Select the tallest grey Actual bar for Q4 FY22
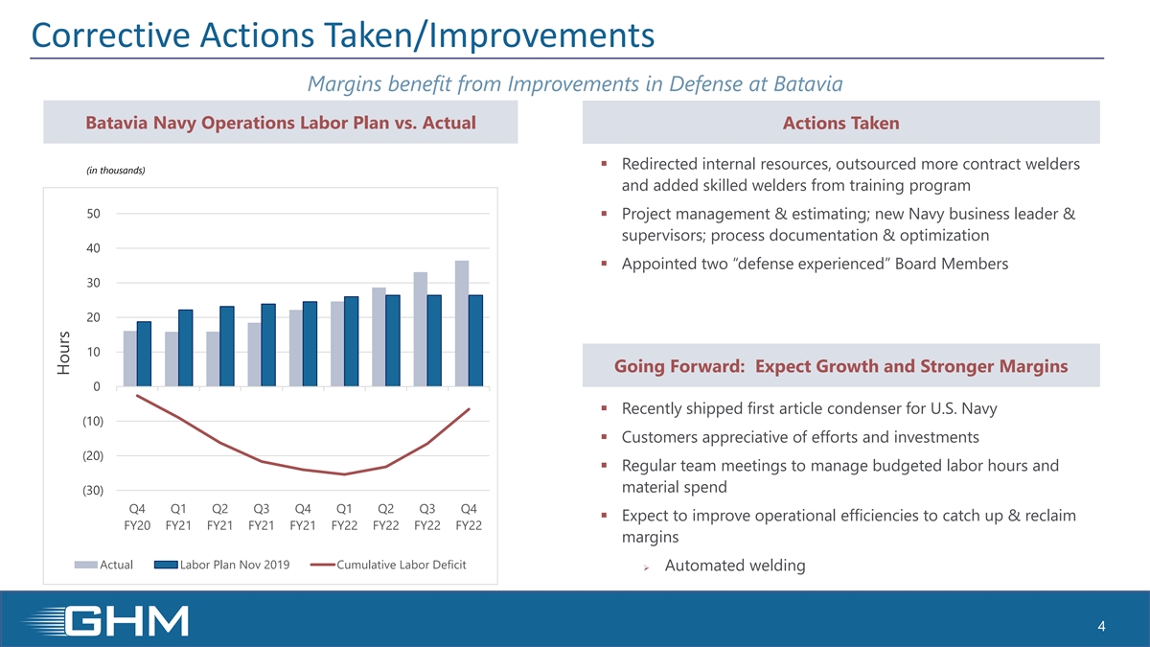click(462, 323)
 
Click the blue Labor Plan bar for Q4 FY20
click(144, 354)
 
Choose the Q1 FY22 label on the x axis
click(343, 517)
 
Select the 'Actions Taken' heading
click(840, 123)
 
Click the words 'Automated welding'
click(734, 566)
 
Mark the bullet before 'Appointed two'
click(604, 264)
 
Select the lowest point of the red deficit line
click(344, 474)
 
